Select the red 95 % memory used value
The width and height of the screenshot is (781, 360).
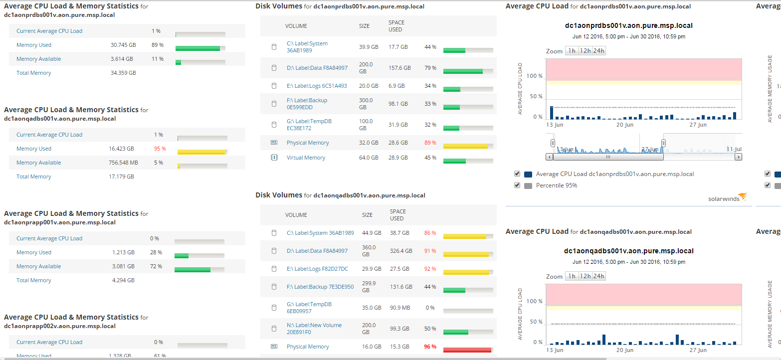(x=160, y=149)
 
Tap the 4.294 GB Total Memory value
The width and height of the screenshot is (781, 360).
(x=123, y=280)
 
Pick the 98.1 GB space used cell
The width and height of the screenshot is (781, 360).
(x=398, y=104)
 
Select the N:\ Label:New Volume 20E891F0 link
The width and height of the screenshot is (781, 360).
(x=314, y=329)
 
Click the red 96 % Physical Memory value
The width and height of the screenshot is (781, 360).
(x=430, y=347)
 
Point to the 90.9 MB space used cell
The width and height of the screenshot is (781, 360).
(x=400, y=308)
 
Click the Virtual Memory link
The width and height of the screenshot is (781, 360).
(x=306, y=158)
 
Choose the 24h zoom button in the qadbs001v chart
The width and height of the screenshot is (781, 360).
(x=598, y=276)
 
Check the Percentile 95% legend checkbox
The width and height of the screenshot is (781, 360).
(x=518, y=185)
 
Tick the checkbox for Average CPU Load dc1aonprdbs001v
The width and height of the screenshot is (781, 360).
(x=518, y=174)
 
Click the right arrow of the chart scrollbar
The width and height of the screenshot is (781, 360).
(x=738, y=157)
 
